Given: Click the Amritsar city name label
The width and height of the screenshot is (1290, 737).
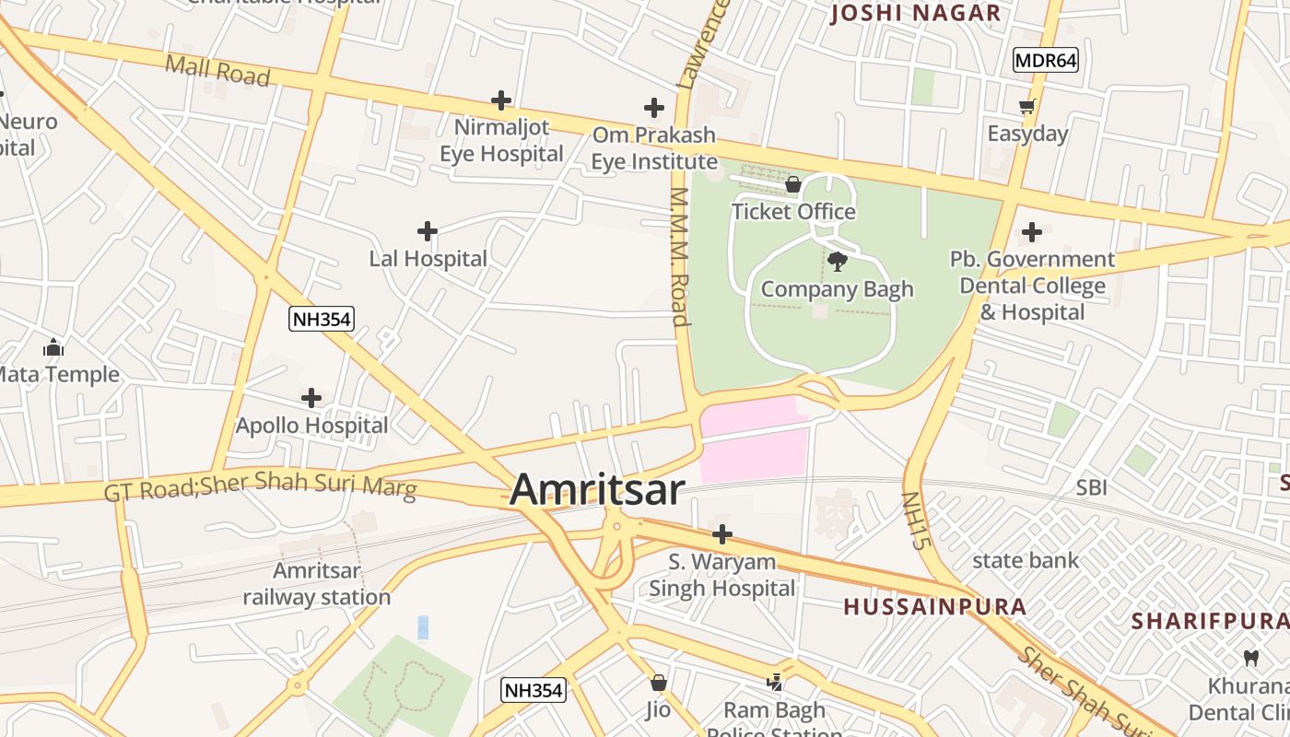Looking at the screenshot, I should coord(597,489).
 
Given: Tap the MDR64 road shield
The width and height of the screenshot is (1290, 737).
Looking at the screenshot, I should coord(1045,61).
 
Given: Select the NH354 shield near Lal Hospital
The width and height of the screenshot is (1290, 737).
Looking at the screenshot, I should coord(321,319).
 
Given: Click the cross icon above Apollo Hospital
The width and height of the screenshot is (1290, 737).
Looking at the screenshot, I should coord(311,398).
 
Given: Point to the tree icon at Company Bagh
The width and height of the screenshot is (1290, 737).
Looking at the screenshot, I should coord(837,262).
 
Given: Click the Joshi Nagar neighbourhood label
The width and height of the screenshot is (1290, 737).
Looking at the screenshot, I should coord(916,13).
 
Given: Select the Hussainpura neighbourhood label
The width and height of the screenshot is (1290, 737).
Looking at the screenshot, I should coord(935,606).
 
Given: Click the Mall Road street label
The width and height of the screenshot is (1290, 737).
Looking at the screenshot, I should coord(217,71).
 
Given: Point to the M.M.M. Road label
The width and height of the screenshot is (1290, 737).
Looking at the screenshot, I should coord(681,257).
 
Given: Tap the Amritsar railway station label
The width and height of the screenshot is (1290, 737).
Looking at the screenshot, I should coord(317,584).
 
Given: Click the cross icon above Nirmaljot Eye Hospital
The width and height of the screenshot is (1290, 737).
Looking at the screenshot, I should coord(501,99).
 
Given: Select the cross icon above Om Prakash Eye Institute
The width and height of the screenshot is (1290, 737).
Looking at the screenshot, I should coord(654,108).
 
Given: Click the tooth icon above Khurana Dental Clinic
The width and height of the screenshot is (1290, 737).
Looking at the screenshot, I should coord(1250,658).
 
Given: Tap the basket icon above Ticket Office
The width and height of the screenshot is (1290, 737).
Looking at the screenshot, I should coord(792,185).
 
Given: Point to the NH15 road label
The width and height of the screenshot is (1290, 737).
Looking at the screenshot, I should coord(912,521).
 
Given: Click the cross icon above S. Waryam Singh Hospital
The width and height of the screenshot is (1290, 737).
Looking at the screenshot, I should coord(722,533).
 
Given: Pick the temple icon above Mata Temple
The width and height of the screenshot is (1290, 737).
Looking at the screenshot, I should coord(53,347).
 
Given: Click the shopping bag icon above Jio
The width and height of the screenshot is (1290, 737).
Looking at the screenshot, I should coord(658,683).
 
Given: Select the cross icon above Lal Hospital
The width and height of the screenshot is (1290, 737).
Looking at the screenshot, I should coord(428,230).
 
